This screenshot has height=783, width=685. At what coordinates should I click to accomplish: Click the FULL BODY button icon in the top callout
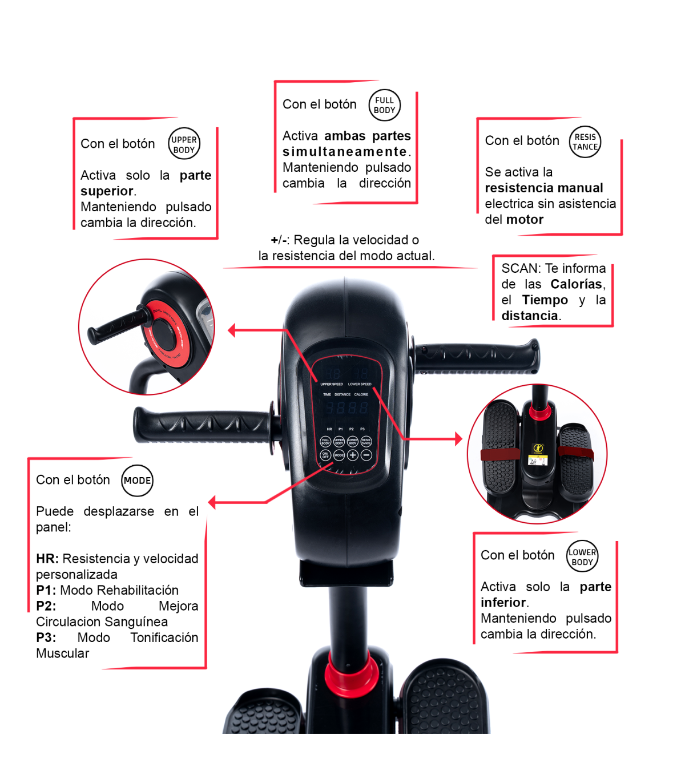coord(384,106)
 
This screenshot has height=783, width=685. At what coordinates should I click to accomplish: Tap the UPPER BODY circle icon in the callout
coord(184,144)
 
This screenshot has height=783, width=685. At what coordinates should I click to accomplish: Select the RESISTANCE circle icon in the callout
coord(585,142)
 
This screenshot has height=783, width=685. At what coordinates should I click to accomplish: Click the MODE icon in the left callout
coord(138,481)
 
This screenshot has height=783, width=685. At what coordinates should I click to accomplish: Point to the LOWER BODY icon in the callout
coord(582,556)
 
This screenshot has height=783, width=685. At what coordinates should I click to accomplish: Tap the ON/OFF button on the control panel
coord(325,455)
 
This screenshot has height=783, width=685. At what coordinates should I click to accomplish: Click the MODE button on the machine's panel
coord(339,455)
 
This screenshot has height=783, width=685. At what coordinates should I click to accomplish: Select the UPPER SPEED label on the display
coord(332,384)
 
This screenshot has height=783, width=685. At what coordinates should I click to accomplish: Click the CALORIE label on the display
coord(361,394)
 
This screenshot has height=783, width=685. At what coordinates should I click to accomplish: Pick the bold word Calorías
coord(576,284)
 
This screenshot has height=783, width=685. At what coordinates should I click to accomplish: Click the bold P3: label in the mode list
coord(46,637)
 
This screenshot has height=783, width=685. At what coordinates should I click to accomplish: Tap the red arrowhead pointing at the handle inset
coord(232,330)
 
